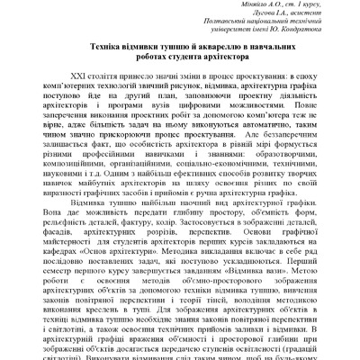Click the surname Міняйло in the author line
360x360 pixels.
tap(229, 4)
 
